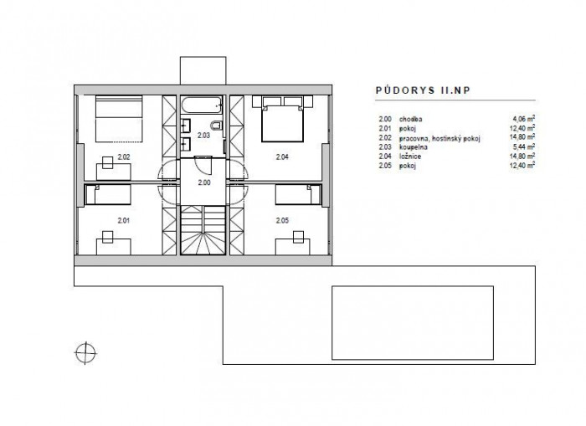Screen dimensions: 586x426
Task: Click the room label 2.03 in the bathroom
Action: pyautogui.click(x=203, y=136)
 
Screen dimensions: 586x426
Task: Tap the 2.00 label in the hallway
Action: pyautogui.click(x=204, y=182)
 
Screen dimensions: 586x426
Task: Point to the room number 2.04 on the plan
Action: pyautogui.click(x=282, y=157)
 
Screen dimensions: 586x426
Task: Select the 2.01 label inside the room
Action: pyautogui.click(x=123, y=220)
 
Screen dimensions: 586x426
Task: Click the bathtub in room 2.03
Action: pyautogui.click(x=202, y=105)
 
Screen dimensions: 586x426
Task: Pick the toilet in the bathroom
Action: pyautogui.click(x=216, y=126)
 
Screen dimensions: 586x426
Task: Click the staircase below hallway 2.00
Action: pyautogui.click(x=203, y=230)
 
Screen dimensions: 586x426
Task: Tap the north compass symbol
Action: pyautogui.click(x=85, y=352)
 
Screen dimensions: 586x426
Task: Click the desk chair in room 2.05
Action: pyautogui.click(x=298, y=237)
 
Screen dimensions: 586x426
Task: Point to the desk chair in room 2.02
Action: pyautogui.click(x=108, y=162)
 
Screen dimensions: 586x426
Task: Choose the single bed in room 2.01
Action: pyautogui.click(x=108, y=195)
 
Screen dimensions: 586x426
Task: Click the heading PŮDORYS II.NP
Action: pyautogui.click(x=423, y=90)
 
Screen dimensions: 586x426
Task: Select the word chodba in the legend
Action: pyautogui.click(x=411, y=119)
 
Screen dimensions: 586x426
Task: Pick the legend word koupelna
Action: pyautogui.click(x=413, y=147)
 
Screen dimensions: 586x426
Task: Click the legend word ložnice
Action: pyautogui.click(x=410, y=157)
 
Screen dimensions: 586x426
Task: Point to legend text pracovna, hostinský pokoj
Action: pyautogui.click(x=439, y=138)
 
